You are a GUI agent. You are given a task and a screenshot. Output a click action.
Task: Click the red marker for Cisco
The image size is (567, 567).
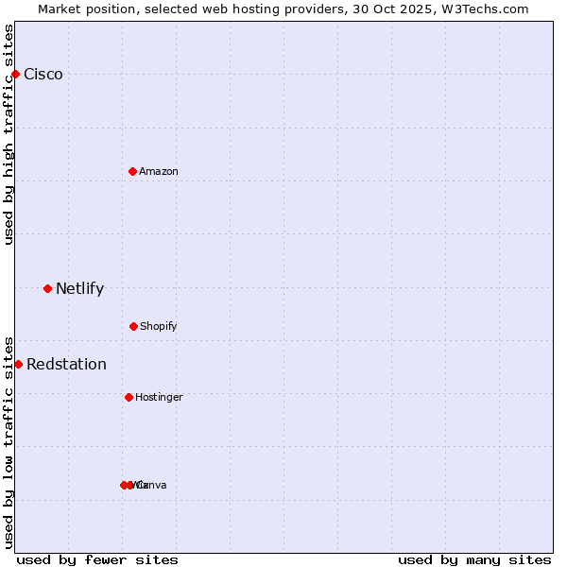click(15, 74)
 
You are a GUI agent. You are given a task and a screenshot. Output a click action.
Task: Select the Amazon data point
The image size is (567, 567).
click(132, 171)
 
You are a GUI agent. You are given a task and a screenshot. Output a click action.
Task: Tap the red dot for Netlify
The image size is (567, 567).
click(47, 288)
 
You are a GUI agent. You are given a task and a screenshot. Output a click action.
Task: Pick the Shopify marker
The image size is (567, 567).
click(133, 326)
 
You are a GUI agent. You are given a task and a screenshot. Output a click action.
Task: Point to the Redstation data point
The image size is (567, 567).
click(18, 364)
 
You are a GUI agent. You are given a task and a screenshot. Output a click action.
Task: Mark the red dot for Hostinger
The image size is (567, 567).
click(129, 397)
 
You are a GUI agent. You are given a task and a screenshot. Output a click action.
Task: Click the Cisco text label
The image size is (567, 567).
click(43, 75)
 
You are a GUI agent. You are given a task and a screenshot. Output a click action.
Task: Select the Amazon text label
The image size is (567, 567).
click(159, 171)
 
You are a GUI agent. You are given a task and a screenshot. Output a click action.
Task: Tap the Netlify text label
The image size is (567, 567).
click(79, 289)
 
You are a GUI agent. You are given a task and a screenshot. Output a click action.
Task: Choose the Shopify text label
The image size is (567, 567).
click(159, 326)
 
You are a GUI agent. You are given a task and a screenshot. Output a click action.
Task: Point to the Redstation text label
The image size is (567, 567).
click(66, 365)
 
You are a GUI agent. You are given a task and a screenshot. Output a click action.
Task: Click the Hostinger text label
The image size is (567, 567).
click(159, 397)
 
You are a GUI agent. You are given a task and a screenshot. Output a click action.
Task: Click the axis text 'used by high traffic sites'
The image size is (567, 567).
click(9, 134)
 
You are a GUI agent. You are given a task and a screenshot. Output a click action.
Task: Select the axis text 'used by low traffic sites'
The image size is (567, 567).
click(9, 441)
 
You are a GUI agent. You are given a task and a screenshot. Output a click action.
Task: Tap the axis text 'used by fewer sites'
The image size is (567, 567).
click(97, 559)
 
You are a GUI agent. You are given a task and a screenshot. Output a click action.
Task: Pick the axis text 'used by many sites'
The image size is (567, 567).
click(474, 559)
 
